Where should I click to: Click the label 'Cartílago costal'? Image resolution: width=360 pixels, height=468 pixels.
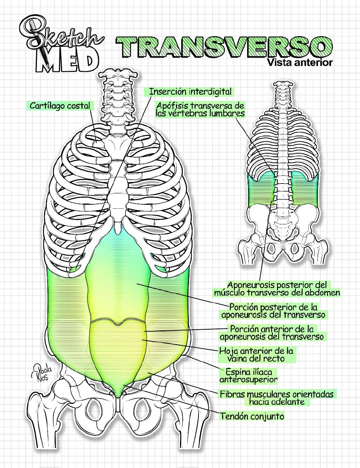point(60,106)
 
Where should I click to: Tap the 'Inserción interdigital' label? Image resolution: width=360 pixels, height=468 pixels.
point(190,92)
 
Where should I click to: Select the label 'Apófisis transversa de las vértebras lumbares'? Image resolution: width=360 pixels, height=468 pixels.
point(200,110)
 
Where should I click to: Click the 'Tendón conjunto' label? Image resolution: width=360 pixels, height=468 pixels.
point(252,416)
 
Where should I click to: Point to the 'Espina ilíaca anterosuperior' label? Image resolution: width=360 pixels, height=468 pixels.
point(248,375)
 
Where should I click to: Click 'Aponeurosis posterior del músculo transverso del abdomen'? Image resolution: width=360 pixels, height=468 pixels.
point(277,288)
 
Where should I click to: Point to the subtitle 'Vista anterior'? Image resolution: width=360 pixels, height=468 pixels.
point(299,62)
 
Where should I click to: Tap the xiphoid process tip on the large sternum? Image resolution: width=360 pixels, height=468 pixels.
point(118,227)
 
